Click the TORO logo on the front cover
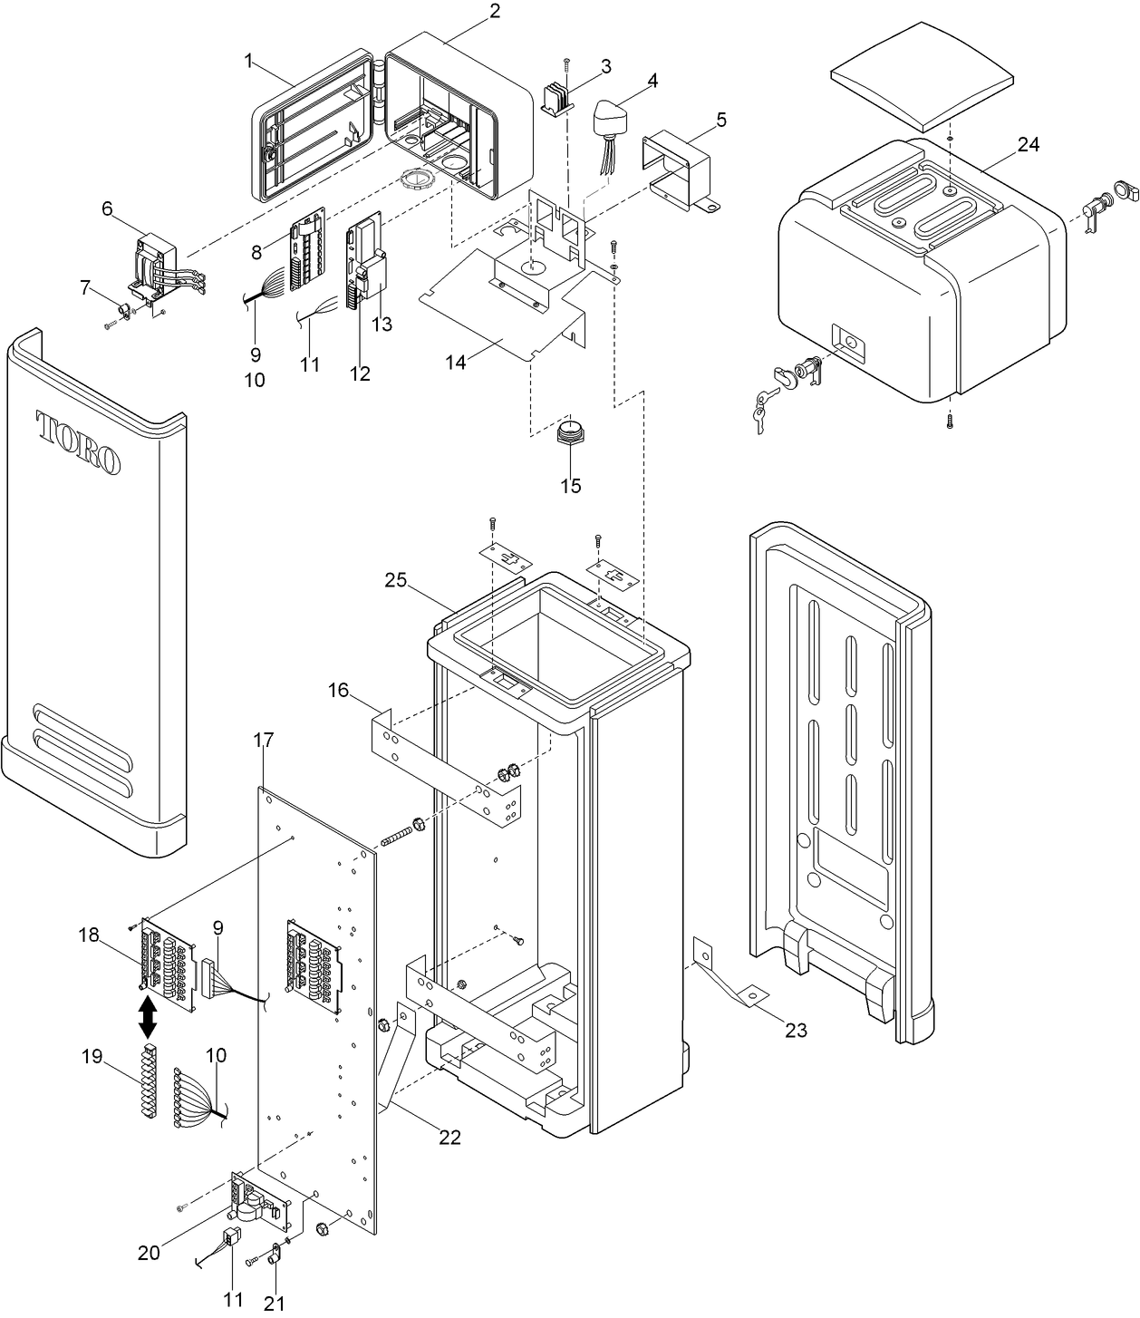click(x=78, y=442)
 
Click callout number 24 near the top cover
click(x=1028, y=145)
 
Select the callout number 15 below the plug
click(x=570, y=486)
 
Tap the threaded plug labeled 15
click(x=570, y=433)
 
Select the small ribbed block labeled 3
click(x=557, y=97)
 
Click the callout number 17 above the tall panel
click(x=262, y=741)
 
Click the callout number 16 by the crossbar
click(x=338, y=691)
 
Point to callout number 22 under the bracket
click(x=449, y=1137)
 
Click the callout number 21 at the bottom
click(x=274, y=1303)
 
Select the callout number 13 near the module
click(x=382, y=325)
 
